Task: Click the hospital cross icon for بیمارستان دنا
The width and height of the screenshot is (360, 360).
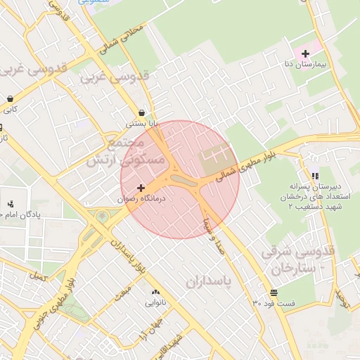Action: click(x=305, y=53)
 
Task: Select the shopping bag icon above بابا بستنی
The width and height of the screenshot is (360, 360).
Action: click(x=142, y=112)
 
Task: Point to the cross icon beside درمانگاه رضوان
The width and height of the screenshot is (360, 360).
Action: click(x=142, y=188)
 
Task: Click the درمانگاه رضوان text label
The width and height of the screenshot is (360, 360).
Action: click(x=141, y=199)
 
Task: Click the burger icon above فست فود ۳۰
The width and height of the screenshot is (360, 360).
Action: click(x=273, y=292)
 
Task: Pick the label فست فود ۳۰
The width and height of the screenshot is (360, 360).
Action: click(x=274, y=303)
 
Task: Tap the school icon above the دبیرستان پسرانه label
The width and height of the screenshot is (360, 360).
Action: click(x=314, y=176)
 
